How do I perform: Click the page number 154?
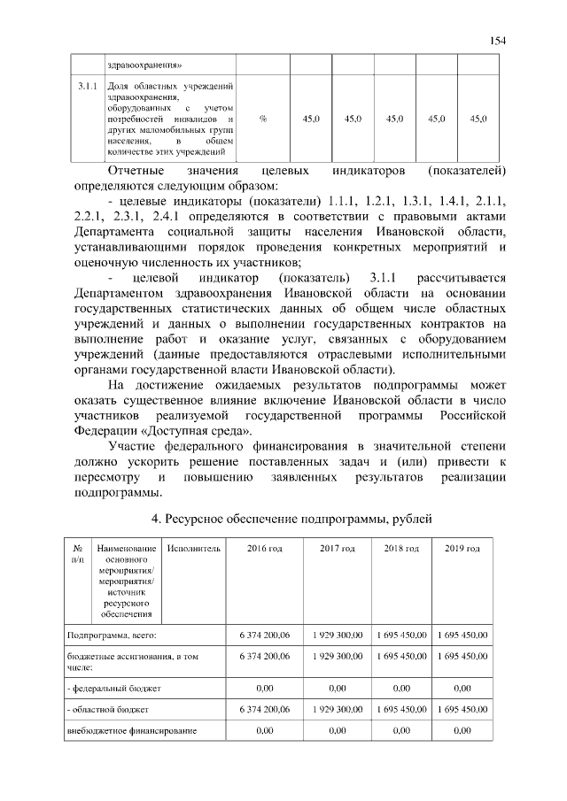pos(498,40)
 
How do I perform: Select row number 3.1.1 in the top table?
pos(87,87)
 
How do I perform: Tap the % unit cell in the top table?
pos(264,119)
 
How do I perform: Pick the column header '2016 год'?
pos(264,550)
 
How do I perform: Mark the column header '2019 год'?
pos(462,550)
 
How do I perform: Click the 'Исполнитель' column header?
pos(193,550)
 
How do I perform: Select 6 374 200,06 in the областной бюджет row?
pos(264,710)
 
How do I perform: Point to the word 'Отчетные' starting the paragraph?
pos(134,169)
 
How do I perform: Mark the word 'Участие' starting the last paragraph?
pos(133,445)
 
